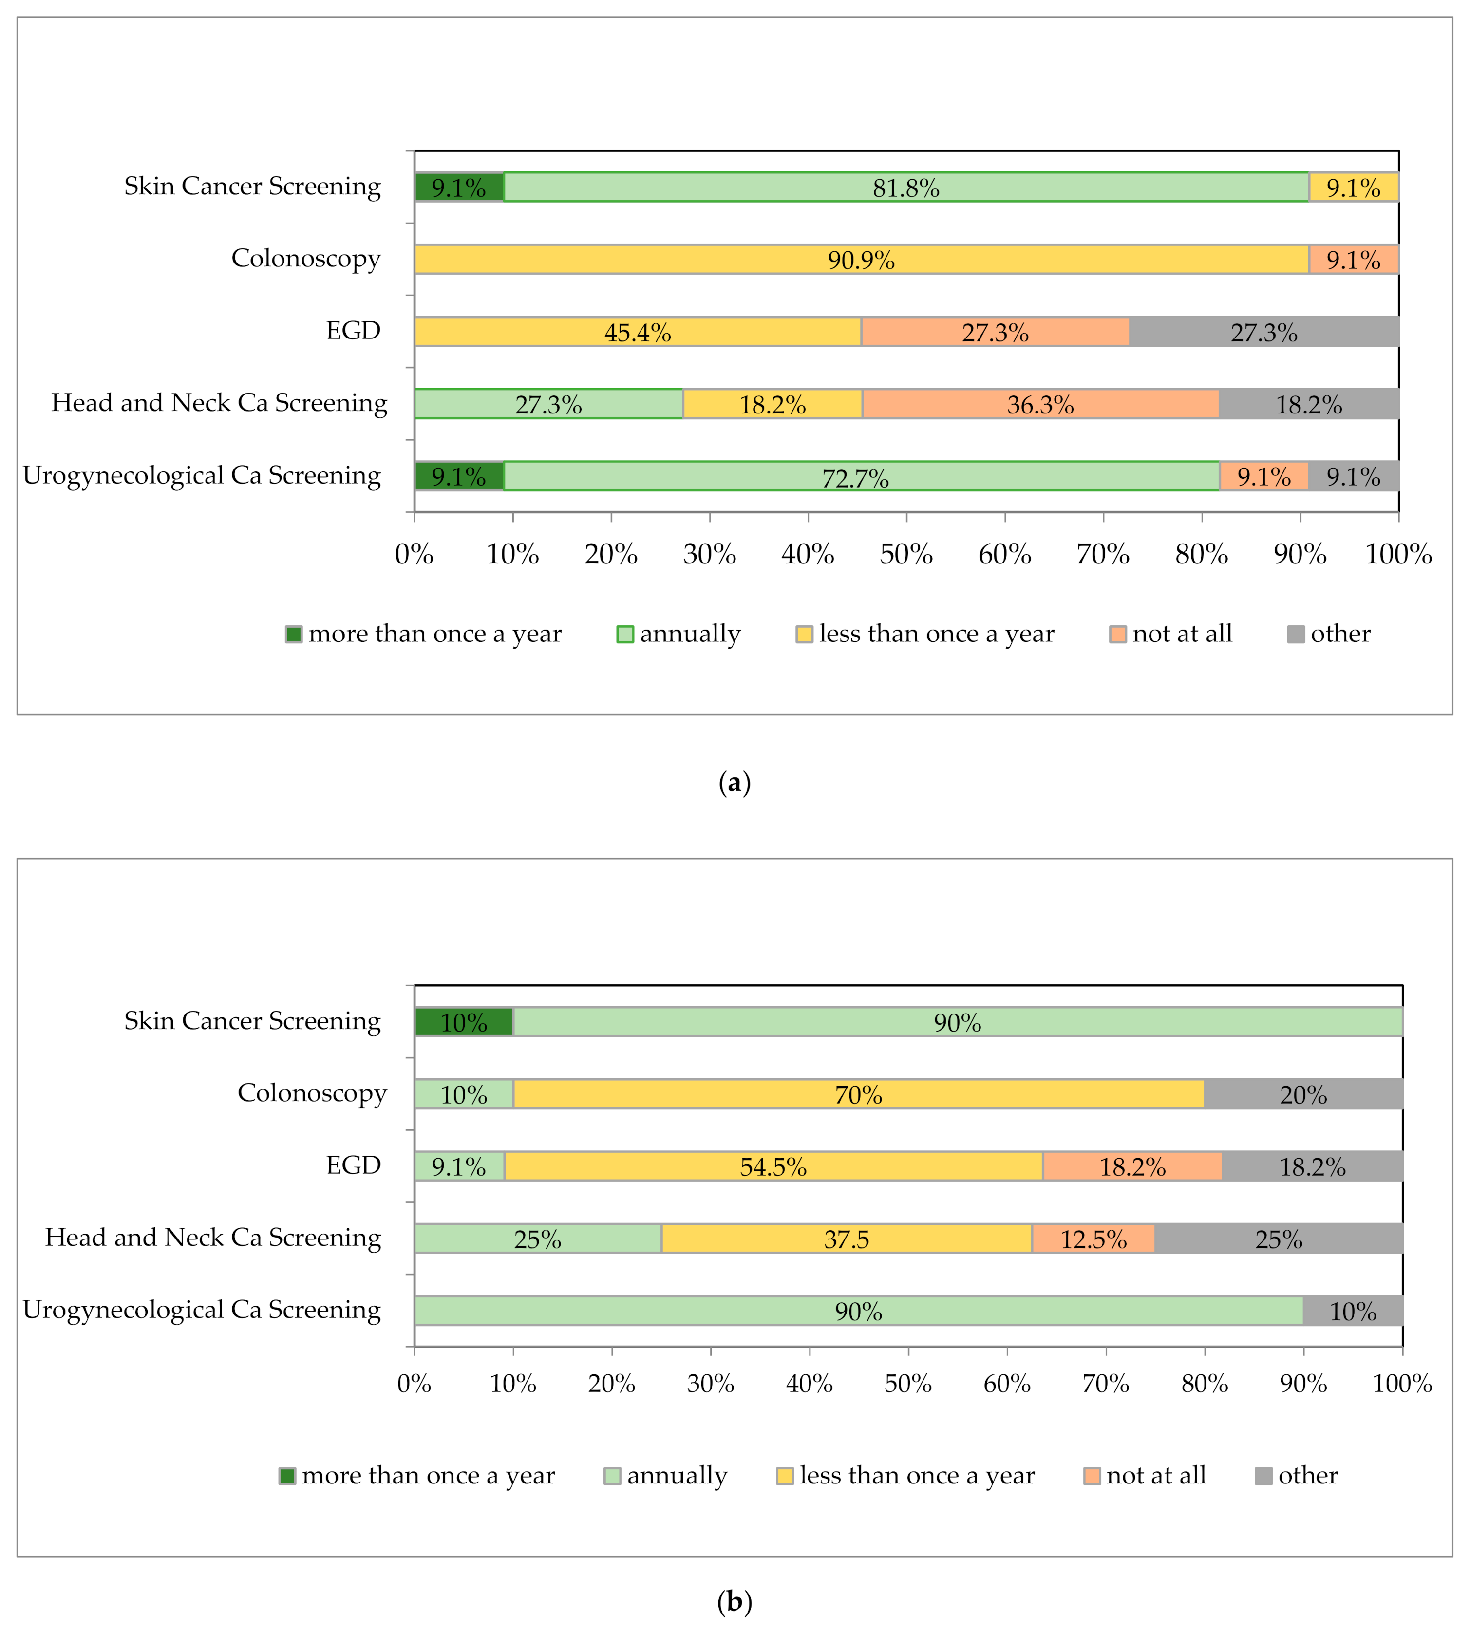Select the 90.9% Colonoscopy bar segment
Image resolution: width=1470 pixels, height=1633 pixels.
coord(861,259)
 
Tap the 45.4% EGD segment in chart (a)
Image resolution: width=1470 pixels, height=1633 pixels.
coord(637,332)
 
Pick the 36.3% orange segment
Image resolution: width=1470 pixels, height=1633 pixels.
coord(1040,404)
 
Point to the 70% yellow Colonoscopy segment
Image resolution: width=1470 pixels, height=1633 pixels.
coord(859,1094)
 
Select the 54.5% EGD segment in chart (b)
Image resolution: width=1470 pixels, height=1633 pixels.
coord(773,1166)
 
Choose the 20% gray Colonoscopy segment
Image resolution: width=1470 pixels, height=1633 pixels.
coord(1303,1094)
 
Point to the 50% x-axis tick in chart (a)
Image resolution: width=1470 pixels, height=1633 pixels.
coord(906,554)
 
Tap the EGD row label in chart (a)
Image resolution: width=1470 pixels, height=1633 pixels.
coord(353,330)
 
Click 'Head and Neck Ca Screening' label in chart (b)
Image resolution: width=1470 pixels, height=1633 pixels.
coord(213,1237)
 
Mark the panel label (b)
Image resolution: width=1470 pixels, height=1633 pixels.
coord(734,1601)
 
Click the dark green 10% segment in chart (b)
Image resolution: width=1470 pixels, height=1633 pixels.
coord(464,1022)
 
